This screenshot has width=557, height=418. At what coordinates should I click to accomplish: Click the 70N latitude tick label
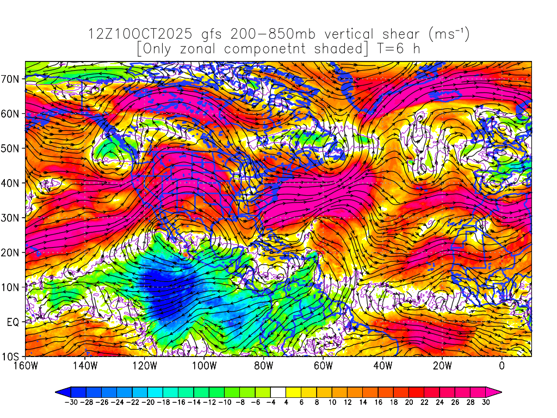click(13, 78)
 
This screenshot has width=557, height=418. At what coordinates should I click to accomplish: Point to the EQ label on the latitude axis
click(14, 322)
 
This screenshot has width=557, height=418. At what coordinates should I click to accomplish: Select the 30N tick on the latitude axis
click(13, 218)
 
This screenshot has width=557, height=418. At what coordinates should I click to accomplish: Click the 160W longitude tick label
click(26, 366)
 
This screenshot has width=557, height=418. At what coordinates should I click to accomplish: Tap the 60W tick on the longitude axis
click(323, 366)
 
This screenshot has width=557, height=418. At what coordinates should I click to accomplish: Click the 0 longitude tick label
click(502, 366)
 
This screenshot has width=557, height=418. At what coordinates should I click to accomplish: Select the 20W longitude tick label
click(442, 366)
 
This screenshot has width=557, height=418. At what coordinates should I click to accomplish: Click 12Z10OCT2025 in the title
click(140, 34)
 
